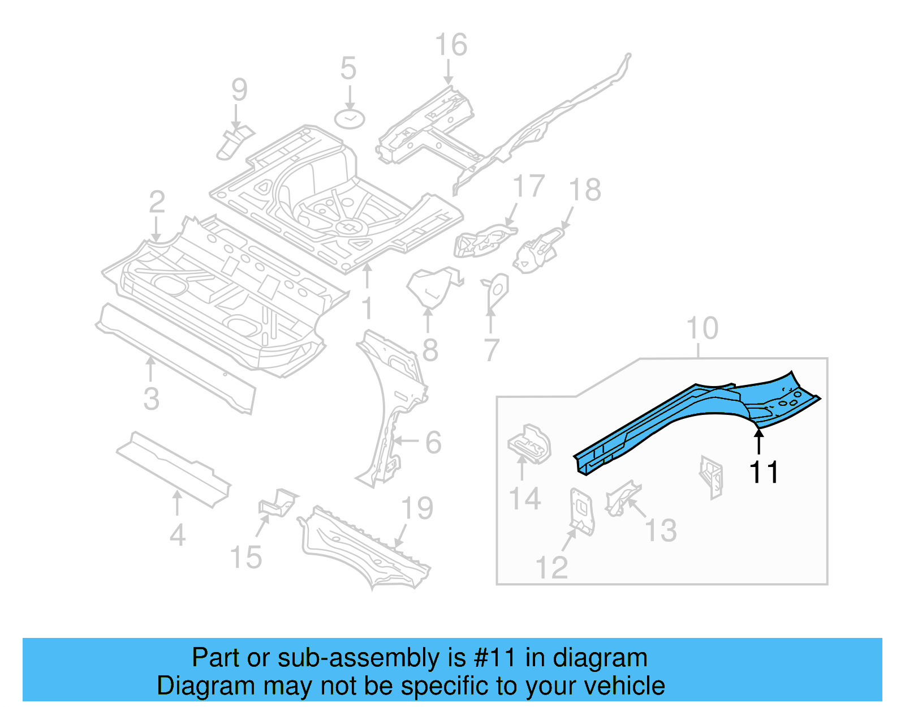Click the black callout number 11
click(764, 472)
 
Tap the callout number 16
click(451, 45)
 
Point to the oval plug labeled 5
click(349, 119)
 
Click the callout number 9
click(239, 90)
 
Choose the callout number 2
click(157, 202)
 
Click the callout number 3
click(151, 399)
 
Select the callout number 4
click(177, 535)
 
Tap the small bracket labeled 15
click(277, 502)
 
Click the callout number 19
click(417, 508)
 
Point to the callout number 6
click(433, 442)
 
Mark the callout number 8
click(430, 350)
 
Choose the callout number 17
click(528, 186)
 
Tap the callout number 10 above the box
click(702, 328)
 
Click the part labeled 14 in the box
click(529, 444)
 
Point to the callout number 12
click(551, 567)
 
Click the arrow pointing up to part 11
click(759, 442)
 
